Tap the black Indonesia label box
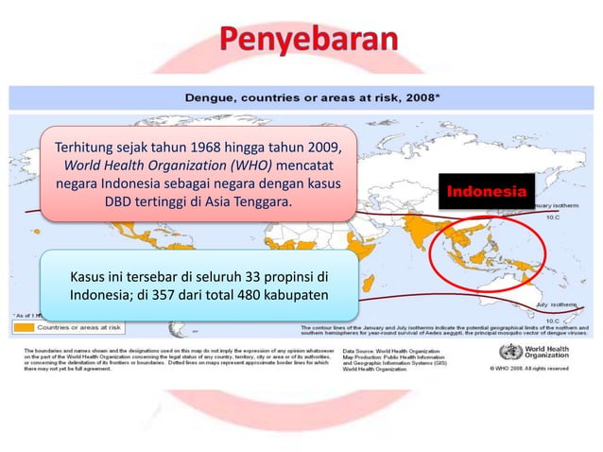click(x=486, y=192)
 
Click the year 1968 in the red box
click(x=211, y=148)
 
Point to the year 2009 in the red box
click(x=319, y=148)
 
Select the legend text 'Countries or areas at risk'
click(x=79, y=327)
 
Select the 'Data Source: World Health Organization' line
click(x=413, y=348)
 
